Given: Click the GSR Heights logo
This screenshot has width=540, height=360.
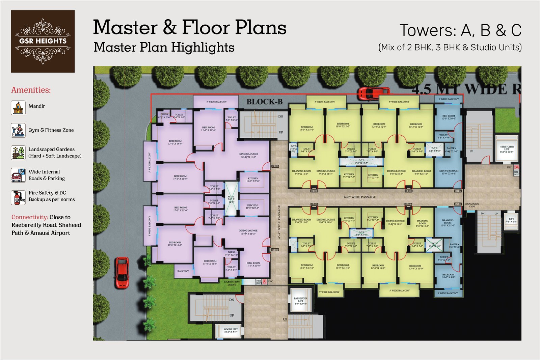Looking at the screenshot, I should [43, 41].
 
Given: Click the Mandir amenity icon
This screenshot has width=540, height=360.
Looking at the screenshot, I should [18, 108].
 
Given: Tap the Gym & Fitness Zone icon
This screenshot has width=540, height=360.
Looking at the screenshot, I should [18, 130].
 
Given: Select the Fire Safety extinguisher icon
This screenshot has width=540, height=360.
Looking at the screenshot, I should [18, 198].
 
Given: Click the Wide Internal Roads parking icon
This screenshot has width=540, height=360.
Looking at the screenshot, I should [18, 175].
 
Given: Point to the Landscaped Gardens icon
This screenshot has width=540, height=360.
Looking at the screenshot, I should [18, 153].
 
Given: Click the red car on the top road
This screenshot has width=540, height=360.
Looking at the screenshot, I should [374, 93].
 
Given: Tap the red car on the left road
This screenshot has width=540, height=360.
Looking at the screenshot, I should [122, 273].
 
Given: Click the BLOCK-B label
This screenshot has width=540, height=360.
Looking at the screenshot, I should [264, 102].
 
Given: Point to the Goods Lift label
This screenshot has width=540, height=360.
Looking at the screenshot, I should [231, 330].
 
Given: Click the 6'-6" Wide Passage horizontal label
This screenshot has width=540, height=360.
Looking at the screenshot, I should [360, 197].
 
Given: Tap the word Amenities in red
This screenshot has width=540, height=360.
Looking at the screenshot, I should [31, 90].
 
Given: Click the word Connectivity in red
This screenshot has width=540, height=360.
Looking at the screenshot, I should [30, 217].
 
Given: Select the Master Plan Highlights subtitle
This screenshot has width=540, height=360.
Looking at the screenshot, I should [164, 47].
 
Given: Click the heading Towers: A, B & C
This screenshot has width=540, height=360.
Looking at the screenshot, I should [460, 30].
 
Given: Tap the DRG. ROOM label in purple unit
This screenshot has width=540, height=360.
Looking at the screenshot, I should [253, 264].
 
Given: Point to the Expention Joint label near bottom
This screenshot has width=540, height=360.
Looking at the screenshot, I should [232, 283].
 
